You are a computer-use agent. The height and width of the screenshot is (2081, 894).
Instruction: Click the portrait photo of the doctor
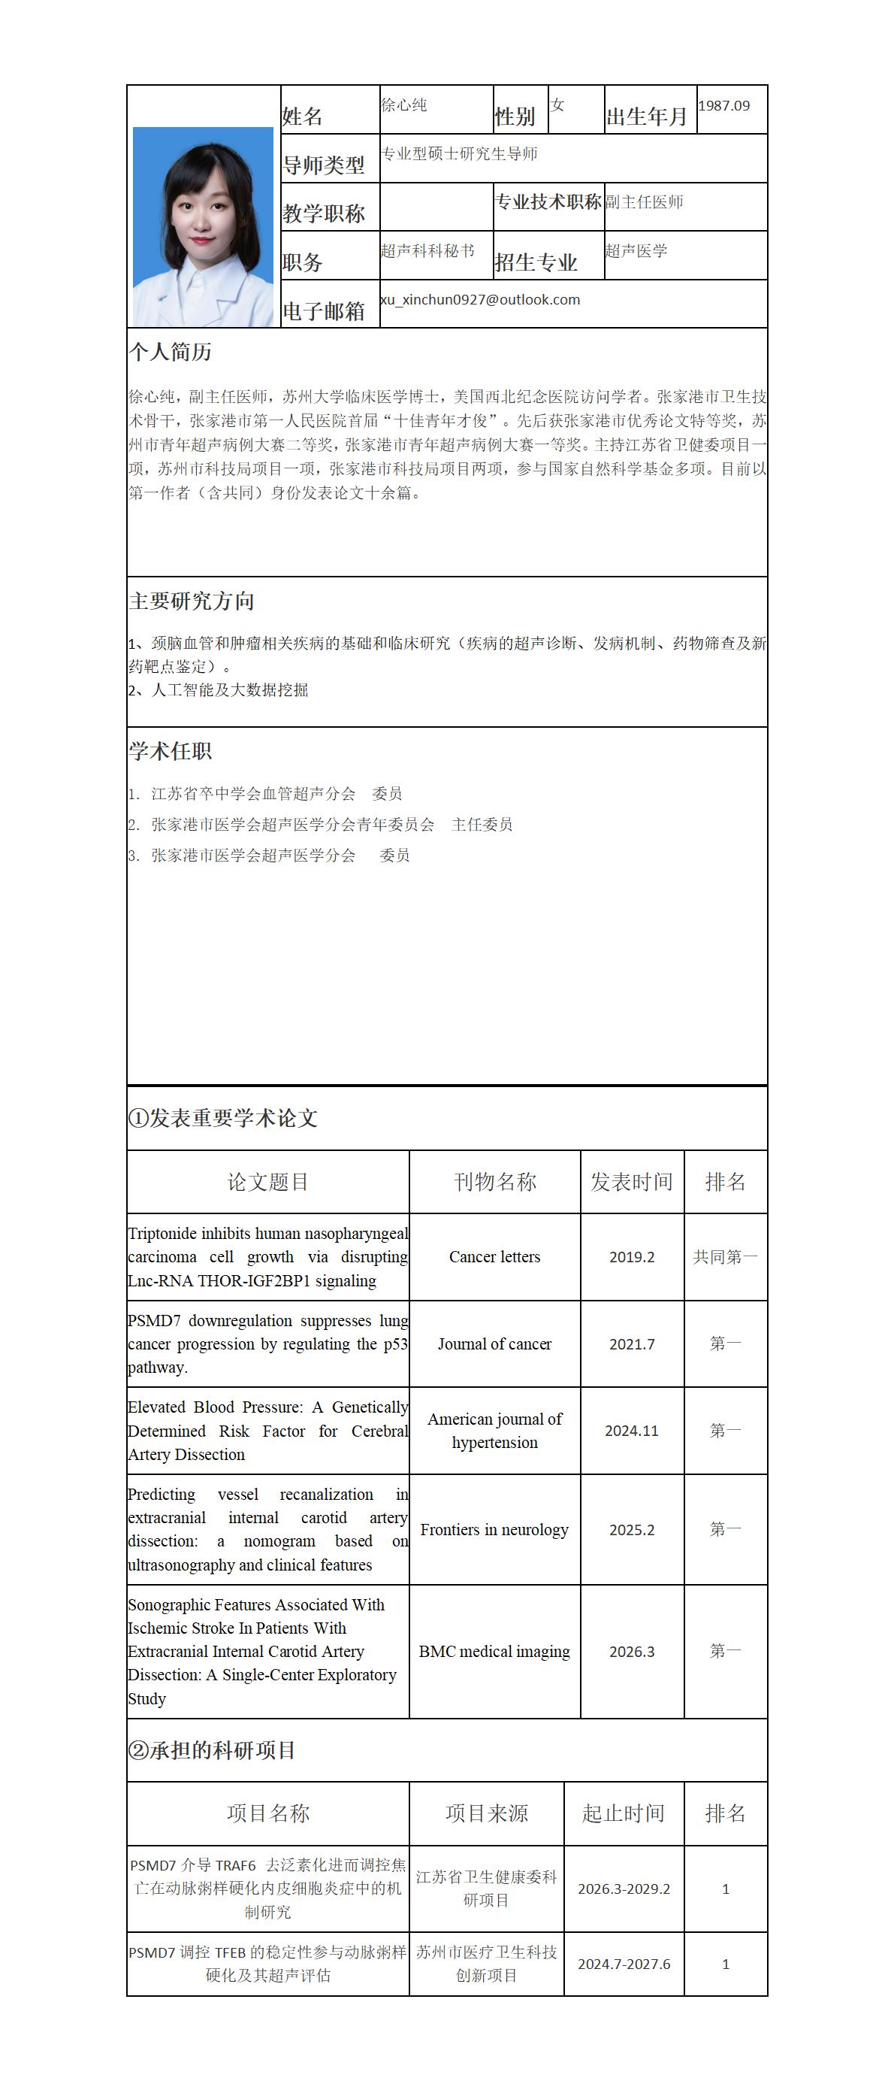203,226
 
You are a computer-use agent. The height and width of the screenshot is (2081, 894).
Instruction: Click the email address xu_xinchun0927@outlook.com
480,300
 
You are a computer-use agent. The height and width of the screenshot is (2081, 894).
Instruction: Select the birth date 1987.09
723,106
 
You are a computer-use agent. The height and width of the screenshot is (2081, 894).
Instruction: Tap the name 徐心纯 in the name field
403,105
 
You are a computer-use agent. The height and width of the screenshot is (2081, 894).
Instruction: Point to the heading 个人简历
171,352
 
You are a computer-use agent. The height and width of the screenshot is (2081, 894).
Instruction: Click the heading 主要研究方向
192,601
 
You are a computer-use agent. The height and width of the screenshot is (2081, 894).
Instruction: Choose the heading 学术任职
171,751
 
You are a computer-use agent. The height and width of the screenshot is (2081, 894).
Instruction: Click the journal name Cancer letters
494,1257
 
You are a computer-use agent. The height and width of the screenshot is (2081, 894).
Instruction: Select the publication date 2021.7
632,1344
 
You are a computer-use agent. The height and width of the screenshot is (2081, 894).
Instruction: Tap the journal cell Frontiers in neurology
494,1529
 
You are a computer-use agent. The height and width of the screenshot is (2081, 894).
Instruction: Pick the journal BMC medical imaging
494,1651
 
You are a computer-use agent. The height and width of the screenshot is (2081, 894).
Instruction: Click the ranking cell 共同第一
725,1257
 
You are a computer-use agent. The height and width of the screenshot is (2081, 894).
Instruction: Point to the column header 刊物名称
494,1182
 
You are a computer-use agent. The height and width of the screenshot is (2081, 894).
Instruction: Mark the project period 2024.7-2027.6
624,1964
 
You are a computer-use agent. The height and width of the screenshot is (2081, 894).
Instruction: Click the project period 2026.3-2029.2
624,1889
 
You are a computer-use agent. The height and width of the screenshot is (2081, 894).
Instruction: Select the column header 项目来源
486,1813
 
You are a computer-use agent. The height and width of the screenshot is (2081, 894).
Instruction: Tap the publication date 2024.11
632,1431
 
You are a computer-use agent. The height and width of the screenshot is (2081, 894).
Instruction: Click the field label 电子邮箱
323,311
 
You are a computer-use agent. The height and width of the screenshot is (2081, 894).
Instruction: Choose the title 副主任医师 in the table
645,202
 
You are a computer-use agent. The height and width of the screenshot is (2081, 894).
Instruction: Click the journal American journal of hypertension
494,1431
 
